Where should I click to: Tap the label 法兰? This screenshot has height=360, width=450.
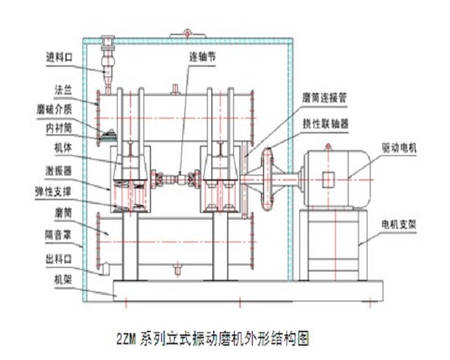click(62, 88)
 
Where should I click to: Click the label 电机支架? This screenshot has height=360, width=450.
click(403, 223)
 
